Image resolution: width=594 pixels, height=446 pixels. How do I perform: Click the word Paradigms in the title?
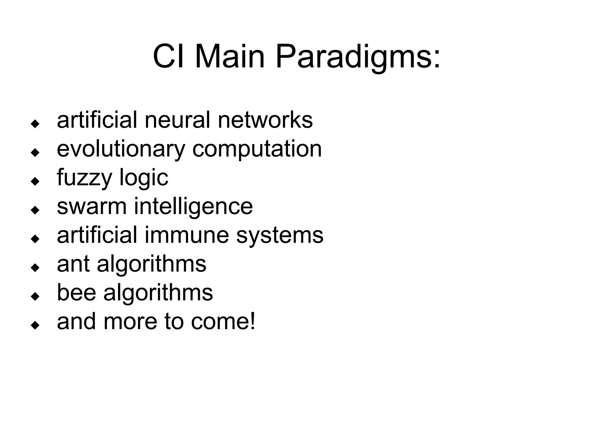point(358,57)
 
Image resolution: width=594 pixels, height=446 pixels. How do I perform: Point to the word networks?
point(265,120)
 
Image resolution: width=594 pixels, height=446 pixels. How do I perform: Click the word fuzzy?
point(84,178)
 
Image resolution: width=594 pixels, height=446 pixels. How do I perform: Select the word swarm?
point(92,206)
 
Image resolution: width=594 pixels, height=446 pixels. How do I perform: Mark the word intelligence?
point(193,207)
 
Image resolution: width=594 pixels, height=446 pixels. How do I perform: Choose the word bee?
point(76,292)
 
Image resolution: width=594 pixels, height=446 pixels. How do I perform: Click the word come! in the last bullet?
point(223,321)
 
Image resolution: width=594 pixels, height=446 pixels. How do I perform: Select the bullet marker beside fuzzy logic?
point(35,182)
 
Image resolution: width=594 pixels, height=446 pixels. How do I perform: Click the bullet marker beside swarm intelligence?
point(35,210)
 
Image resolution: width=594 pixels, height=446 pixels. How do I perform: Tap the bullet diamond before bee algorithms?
point(35,296)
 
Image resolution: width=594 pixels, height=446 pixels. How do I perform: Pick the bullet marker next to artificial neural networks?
point(35,124)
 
